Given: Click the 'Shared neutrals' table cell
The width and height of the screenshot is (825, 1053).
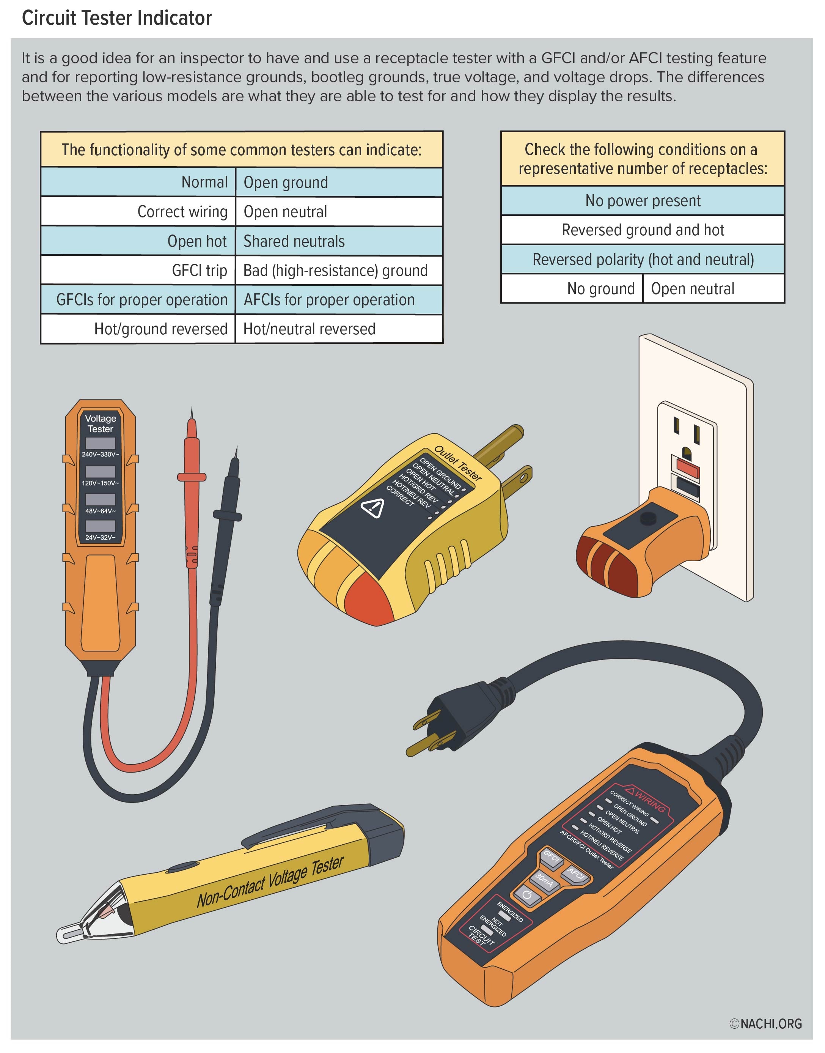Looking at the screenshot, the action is (339, 241).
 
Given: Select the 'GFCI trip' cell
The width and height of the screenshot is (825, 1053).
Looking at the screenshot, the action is (138, 270).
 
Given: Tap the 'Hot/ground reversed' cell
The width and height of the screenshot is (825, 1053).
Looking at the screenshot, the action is (138, 329).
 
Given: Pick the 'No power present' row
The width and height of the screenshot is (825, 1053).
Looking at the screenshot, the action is (643, 201).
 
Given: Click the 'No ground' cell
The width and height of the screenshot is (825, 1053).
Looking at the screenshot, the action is (572, 288).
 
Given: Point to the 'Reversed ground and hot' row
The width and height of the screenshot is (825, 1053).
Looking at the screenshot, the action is (643, 230).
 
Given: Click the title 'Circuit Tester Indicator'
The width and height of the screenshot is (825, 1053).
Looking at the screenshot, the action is (117, 18).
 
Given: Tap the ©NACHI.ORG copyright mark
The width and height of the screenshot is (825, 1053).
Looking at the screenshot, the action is (765, 1023).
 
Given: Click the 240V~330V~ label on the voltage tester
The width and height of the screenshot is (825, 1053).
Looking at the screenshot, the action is (100, 454).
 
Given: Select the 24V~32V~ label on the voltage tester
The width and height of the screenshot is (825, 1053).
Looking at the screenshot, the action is (100, 537).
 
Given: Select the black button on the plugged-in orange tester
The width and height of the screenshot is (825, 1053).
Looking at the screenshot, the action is (648, 518).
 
